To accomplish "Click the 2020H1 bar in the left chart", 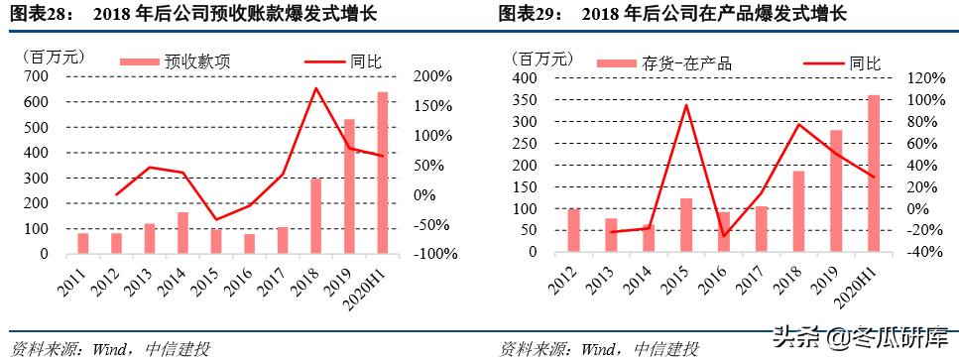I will coord(382,173).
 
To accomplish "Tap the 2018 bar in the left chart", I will coord(316,216).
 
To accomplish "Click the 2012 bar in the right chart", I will coord(572,230).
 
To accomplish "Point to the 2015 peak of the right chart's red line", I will coord(687,105).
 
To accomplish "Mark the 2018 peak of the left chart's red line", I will coord(316,88).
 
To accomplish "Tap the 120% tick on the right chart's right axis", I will coord(915,77).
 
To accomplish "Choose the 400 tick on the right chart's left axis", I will coord(526,77).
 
